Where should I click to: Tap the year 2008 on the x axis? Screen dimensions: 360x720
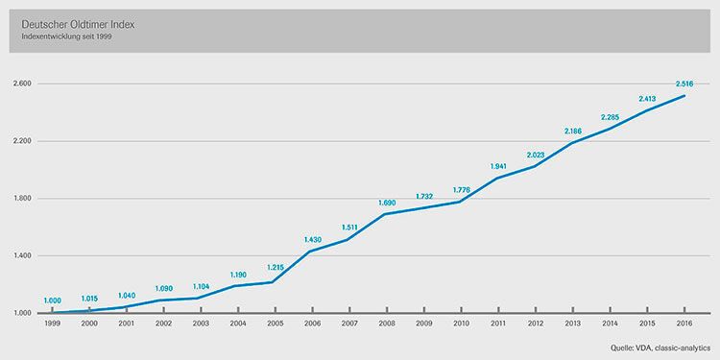coord(386,324)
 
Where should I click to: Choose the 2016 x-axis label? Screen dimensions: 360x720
coord(685,324)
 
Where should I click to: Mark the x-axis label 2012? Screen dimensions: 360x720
coord(536,324)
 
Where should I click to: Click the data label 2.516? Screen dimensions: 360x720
coord(684,84)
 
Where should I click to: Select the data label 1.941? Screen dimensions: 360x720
coord(497,166)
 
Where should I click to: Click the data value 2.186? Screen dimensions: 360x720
coord(572,131)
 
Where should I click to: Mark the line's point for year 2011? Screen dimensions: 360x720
coord(498,178)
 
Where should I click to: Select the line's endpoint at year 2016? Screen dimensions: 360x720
coord(685,96)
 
